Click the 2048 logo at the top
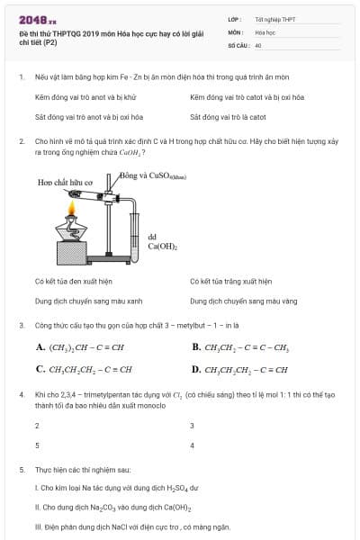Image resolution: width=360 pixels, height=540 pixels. [x=37, y=18]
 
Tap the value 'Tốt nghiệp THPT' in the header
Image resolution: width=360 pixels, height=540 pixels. [x=274, y=18]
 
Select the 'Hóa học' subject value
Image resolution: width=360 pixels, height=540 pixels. [x=265, y=31]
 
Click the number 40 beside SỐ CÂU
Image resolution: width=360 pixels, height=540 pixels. [x=258, y=44]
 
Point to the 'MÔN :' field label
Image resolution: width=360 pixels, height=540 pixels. [x=236, y=31]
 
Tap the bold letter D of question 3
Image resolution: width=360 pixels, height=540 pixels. [x=196, y=369]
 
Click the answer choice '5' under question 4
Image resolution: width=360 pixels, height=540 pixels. [x=37, y=445]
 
